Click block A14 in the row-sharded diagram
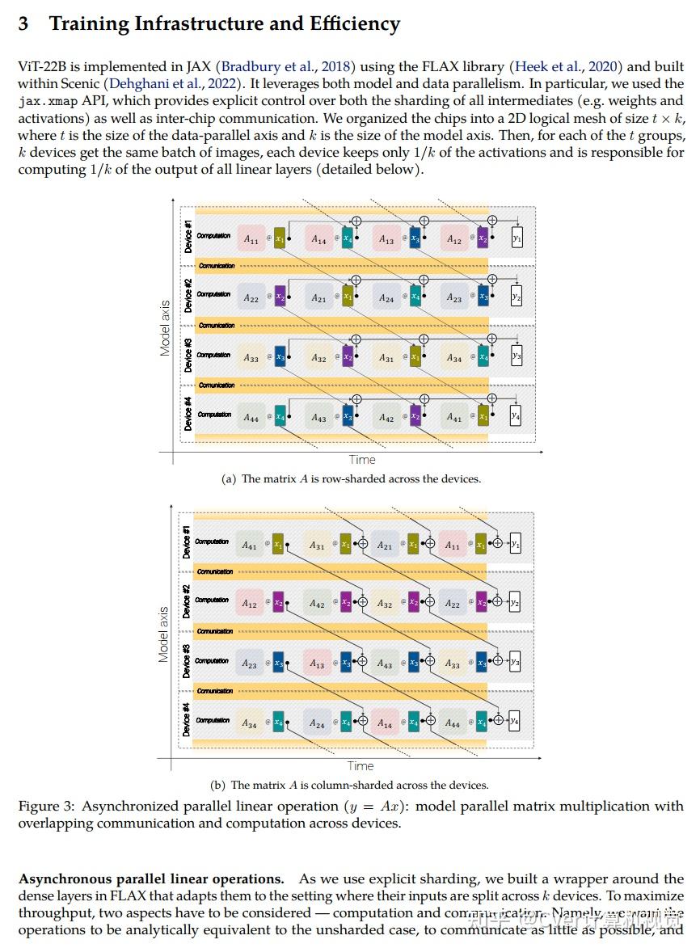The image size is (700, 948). [x=319, y=240]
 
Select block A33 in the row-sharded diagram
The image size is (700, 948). [x=251, y=358]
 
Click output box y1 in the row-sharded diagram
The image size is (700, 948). [x=517, y=239]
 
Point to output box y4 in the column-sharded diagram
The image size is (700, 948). [x=514, y=721]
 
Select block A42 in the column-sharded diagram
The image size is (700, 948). [x=318, y=604]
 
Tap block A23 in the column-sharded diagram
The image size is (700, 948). [x=250, y=664]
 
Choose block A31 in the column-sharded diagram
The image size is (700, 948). [x=318, y=546]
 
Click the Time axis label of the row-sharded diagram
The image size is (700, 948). [x=362, y=460]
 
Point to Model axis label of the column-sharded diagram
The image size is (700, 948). [x=164, y=634]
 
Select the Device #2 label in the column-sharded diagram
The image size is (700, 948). [x=187, y=601]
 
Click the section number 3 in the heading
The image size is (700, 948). [x=23, y=23]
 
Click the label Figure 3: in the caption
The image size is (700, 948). [x=46, y=806]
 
